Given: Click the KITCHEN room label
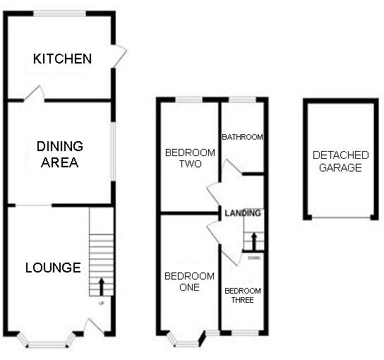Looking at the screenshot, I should click(x=62, y=59).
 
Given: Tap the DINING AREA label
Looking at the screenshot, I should click(x=59, y=155).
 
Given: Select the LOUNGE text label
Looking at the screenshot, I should click(x=53, y=268).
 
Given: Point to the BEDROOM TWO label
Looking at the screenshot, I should click(x=184, y=158).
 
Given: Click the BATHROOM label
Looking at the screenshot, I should click(x=242, y=137).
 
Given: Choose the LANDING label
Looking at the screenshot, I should click(x=243, y=212).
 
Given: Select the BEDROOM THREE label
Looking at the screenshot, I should click(x=243, y=295).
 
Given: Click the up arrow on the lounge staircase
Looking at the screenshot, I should click(x=101, y=285).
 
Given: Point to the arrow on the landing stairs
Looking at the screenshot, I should click(x=253, y=241).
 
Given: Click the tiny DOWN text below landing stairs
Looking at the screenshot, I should click(x=254, y=258).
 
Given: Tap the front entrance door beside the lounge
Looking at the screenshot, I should click(x=94, y=327).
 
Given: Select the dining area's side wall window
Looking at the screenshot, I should click(x=113, y=152).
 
